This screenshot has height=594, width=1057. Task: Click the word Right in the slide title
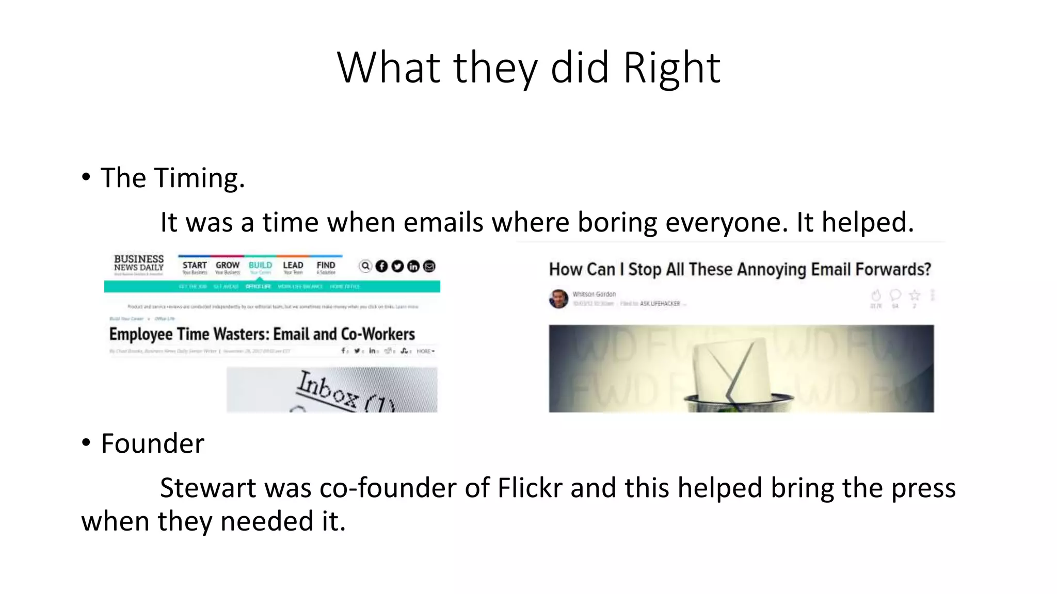tap(671, 68)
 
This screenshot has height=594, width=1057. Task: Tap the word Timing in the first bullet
tap(199, 178)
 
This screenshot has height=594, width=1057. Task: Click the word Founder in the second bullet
tap(153, 443)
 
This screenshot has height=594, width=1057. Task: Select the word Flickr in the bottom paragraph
tap(530, 488)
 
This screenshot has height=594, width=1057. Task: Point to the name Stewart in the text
tap(207, 488)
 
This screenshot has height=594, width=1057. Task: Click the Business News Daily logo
tap(138, 264)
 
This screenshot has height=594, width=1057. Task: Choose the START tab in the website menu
tap(194, 267)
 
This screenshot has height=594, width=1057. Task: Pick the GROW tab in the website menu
tap(228, 267)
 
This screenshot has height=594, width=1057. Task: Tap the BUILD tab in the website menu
tap(260, 267)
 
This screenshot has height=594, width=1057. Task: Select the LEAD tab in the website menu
tap(293, 267)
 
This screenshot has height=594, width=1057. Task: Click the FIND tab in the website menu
tap(326, 267)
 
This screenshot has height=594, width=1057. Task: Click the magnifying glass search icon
tap(365, 266)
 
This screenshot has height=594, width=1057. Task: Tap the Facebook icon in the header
tap(381, 266)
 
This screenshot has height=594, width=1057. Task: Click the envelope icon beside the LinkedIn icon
tap(429, 266)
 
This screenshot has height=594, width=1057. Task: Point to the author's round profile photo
tap(558, 299)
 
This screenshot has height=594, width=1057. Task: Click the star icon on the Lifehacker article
tap(915, 295)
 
